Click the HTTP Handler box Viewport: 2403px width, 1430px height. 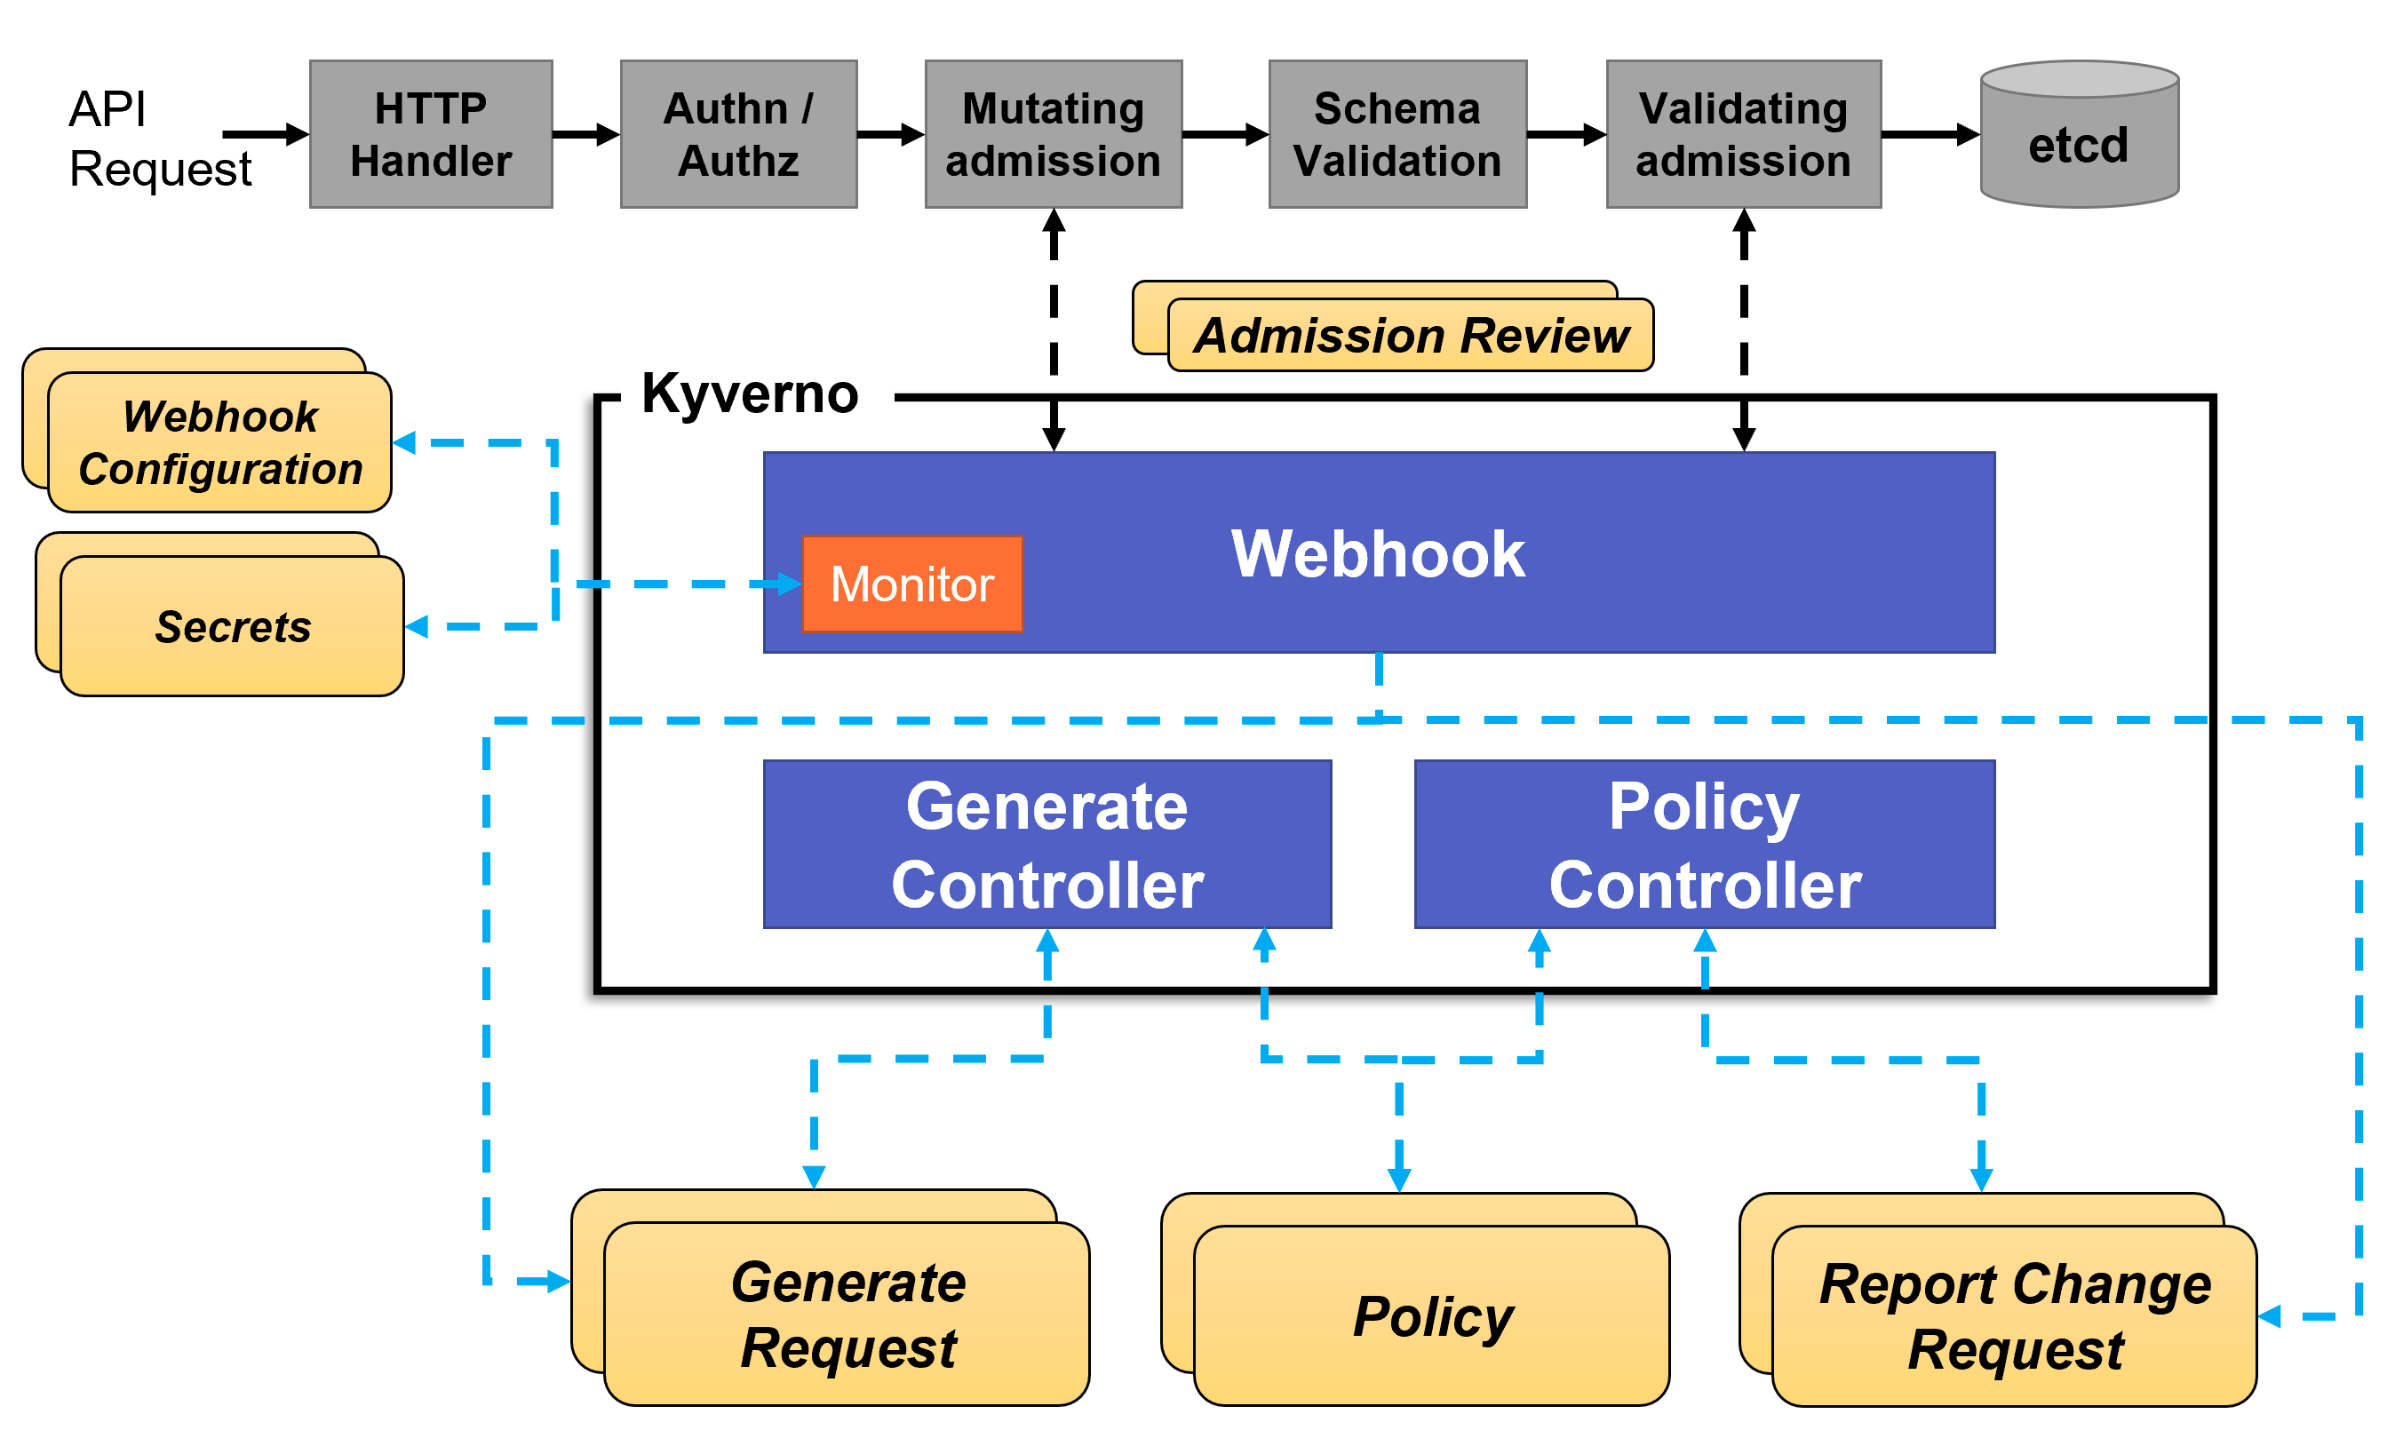point(430,134)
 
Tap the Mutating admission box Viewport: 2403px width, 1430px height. point(1052,134)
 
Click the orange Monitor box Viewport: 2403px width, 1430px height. point(911,583)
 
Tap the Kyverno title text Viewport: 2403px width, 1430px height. point(749,393)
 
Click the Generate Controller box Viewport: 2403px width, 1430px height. point(1046,843)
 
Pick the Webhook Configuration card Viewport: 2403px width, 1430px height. point(219,441)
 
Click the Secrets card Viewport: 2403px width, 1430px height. point(232,625)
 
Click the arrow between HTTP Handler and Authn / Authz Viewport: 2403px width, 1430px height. point(585,134)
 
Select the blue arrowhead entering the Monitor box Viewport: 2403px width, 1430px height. point(787,583)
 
